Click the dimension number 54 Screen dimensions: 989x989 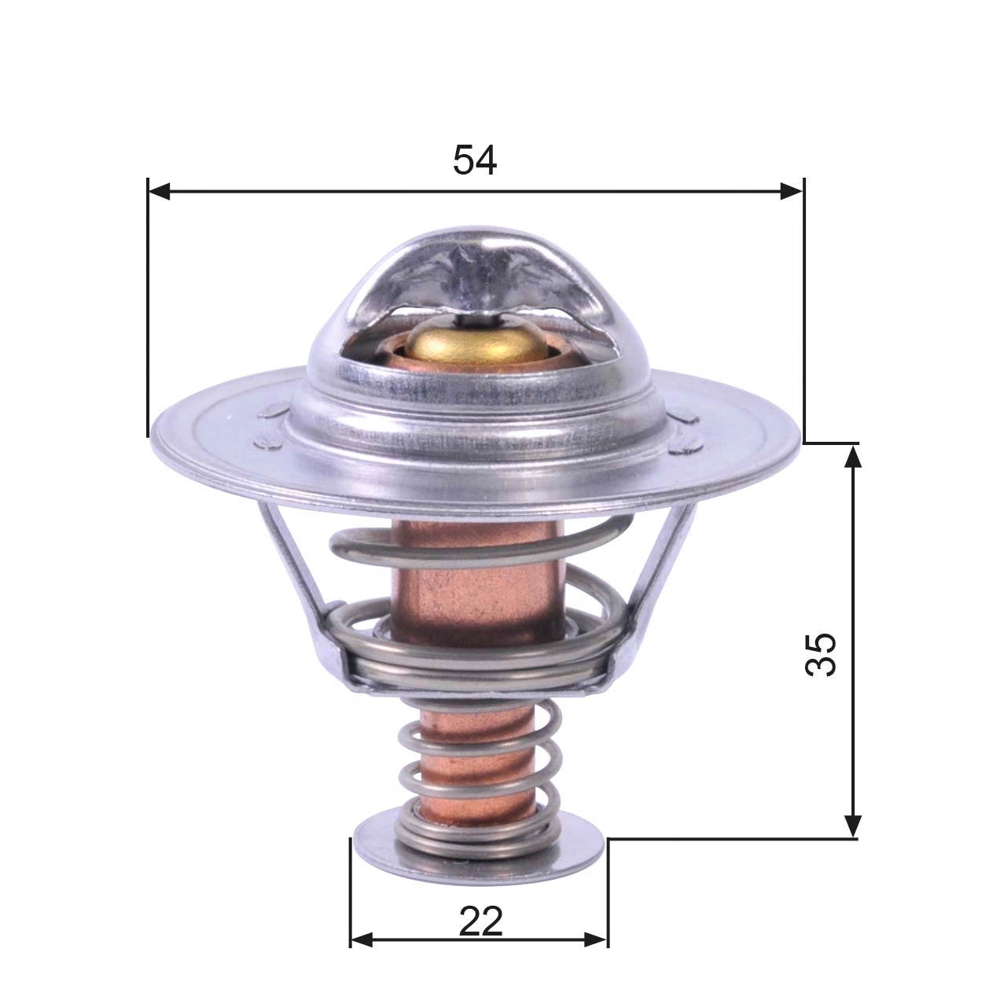475,161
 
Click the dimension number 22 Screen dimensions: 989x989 480,921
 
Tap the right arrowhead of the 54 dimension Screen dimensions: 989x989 792,190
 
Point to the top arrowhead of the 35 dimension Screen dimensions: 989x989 852,455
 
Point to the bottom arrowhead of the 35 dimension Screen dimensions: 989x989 852,826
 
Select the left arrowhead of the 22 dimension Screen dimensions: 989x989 361,939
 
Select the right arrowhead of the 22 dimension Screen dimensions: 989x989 597,939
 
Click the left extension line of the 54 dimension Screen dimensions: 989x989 148,314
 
